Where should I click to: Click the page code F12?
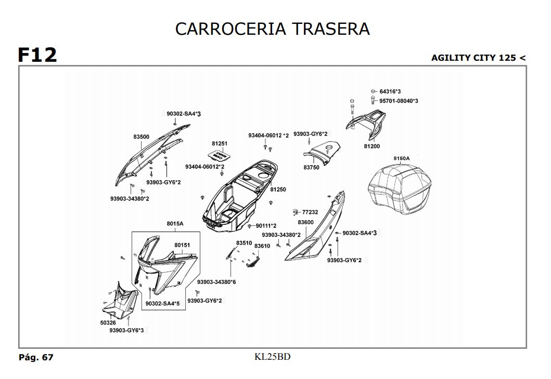(37, 55)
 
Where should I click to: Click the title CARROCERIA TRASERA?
(272, 29)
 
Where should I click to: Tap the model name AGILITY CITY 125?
(473, 58)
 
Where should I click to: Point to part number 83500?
(141, 137)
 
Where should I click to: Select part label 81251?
(220, 143)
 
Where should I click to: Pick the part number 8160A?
(401, 158)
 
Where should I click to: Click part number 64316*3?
(390, 91)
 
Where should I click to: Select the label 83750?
(311, 168)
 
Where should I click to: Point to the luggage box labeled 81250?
(239, 197)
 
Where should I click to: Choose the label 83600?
(305, 222)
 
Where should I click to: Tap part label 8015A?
(175, 224)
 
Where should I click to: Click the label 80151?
(182, 245)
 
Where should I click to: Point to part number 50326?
(108, 322)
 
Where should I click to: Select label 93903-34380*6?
(216, 282)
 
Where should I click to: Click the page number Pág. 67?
(36, 357)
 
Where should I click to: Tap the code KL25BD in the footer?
(272, 357)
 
